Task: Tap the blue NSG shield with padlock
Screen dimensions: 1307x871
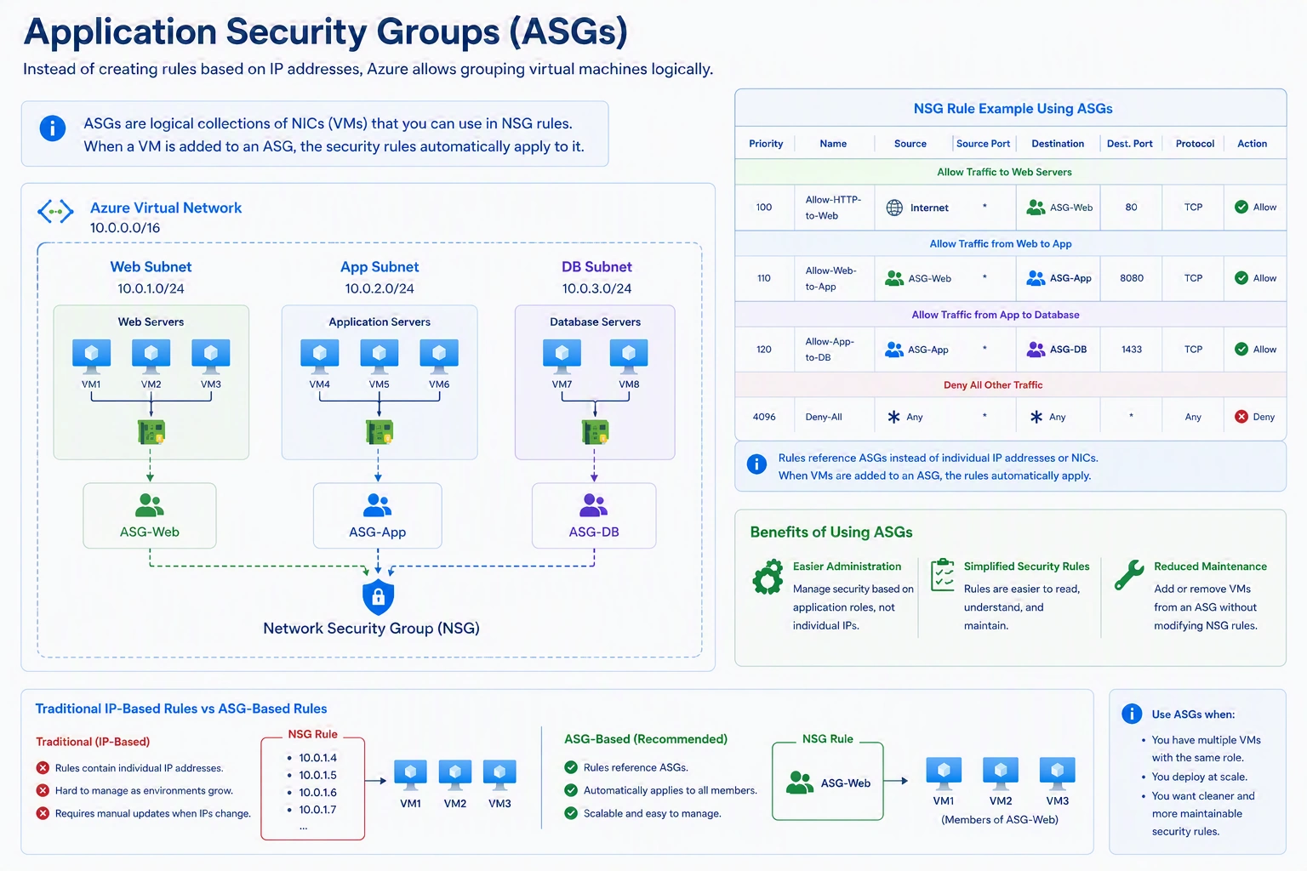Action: point(378,597)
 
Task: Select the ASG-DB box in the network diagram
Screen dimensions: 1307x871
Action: point(594,515)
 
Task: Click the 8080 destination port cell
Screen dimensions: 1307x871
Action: point(1132,278)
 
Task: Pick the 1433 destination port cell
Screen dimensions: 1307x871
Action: point(1132,350)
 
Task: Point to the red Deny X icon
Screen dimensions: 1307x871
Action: point(1241,417)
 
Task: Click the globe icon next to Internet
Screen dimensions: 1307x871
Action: point(894,208)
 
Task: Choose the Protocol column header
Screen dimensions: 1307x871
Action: point(1195,144)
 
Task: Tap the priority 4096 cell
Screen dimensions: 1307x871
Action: point(764,417)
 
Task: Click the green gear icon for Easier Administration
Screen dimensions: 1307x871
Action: point(768,577)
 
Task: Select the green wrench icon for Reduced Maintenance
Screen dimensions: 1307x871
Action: point(1129,575)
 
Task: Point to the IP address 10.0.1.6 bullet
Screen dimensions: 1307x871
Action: point(317,792)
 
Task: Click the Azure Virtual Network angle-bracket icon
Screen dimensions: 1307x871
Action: point(55,211)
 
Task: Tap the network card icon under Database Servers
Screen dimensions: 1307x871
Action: point(595,432)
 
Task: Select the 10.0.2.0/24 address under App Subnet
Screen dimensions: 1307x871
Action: point(380,288)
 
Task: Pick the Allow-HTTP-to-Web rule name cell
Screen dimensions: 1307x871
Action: point(833,208)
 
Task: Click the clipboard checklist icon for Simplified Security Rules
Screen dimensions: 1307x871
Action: point(942,575)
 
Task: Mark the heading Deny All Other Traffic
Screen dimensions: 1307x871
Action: point(993,385)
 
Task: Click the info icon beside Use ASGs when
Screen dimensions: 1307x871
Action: point(1132,714)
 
